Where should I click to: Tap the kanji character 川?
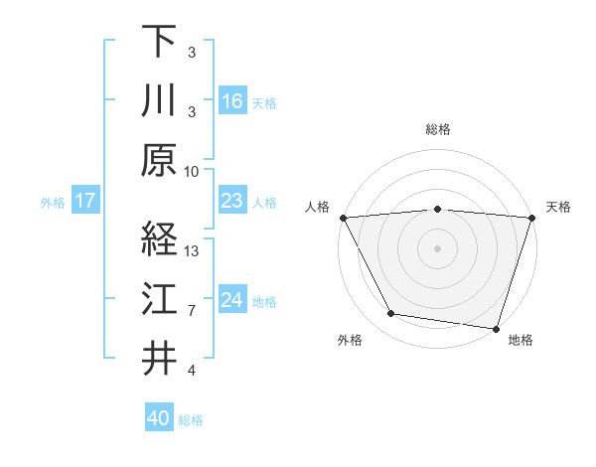point(159,100)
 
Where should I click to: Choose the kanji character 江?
point(159,300)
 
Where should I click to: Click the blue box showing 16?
point(231,101)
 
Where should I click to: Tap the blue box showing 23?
point(231,202)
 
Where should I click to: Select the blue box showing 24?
point(231,300)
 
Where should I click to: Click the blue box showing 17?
point(84,202)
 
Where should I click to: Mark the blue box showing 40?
point(159,418)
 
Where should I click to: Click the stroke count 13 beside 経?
point(193,251)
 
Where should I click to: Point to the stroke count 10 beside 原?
point(193,172)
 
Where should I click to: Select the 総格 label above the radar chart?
point(438,129)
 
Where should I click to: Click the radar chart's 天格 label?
point(558,207)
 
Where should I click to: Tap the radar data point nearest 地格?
point(496,329)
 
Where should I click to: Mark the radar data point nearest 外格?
point(390,314)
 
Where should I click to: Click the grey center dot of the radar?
point(438,247)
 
